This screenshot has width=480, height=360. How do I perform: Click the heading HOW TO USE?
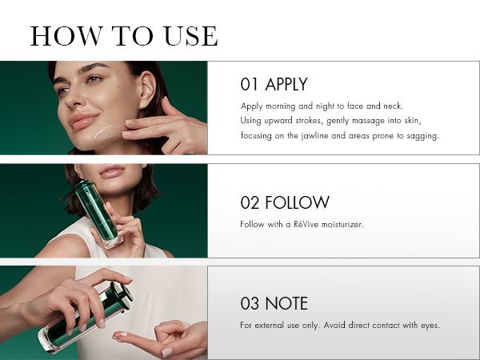[x=124, y=36]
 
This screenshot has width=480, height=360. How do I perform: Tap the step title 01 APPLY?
[x=274, y=85]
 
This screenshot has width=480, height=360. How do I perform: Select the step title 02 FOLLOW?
[x=284, y=202]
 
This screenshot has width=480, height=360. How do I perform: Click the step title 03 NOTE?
[x=274, y=304]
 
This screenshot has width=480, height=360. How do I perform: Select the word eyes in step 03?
[x=430, y=325]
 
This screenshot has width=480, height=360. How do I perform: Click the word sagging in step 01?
[x=422, y=135]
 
